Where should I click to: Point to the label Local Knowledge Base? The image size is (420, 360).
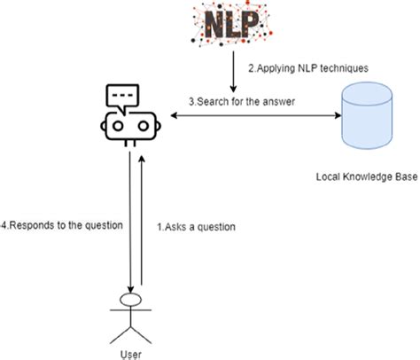click(x=366, y=177)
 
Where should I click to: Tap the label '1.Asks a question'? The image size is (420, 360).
click(x=198, y=226)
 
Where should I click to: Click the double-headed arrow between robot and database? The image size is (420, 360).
click(x=253, y=115)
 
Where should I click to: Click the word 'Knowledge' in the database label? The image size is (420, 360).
click(x=365, y=177)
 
